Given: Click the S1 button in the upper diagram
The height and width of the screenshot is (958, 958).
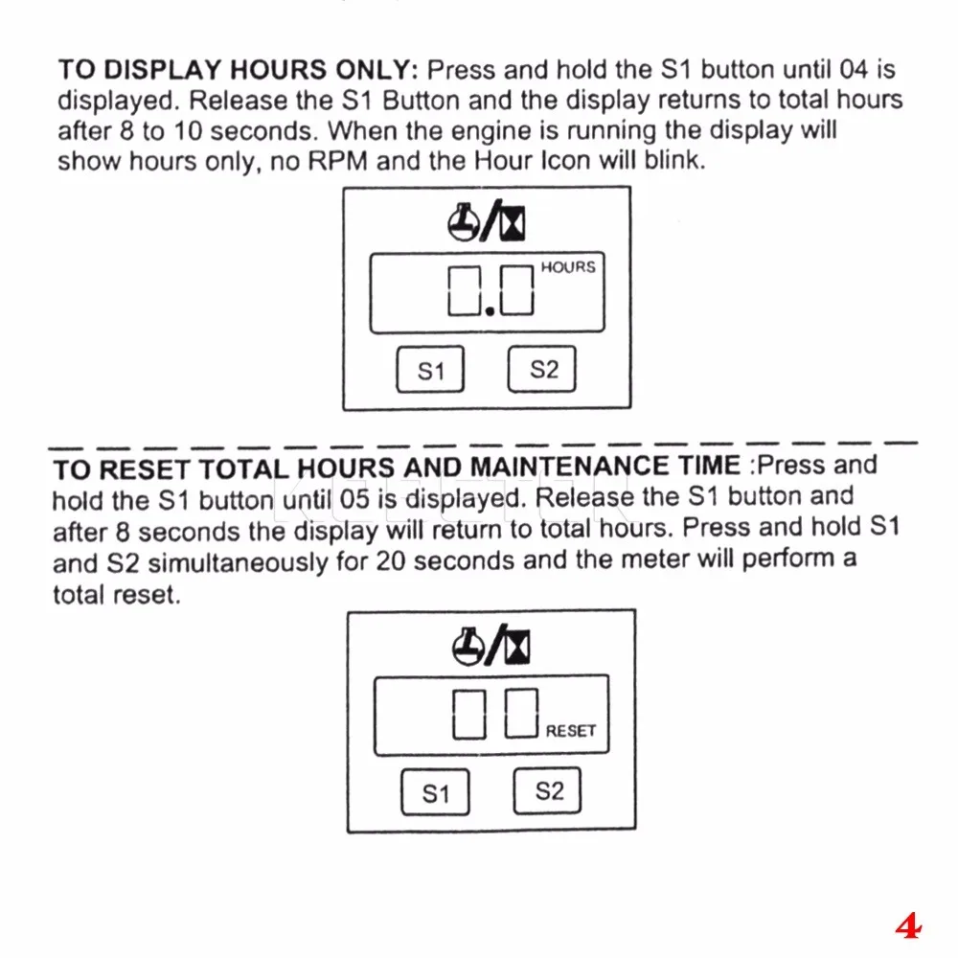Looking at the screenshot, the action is coord(430,370).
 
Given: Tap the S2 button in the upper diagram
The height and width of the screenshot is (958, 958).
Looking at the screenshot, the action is coord(541,369).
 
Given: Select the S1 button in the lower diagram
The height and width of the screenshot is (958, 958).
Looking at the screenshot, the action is coord(435,793).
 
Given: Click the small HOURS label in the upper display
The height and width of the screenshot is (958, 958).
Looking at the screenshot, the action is coord(568,267).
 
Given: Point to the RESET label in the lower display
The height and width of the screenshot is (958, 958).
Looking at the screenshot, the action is coord(571,731).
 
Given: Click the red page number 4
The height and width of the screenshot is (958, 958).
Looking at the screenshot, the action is coord(907,926).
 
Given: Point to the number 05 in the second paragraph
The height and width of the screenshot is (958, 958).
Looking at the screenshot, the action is coord(351,498).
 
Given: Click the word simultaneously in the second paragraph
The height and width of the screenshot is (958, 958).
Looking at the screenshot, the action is coord(239,562).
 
